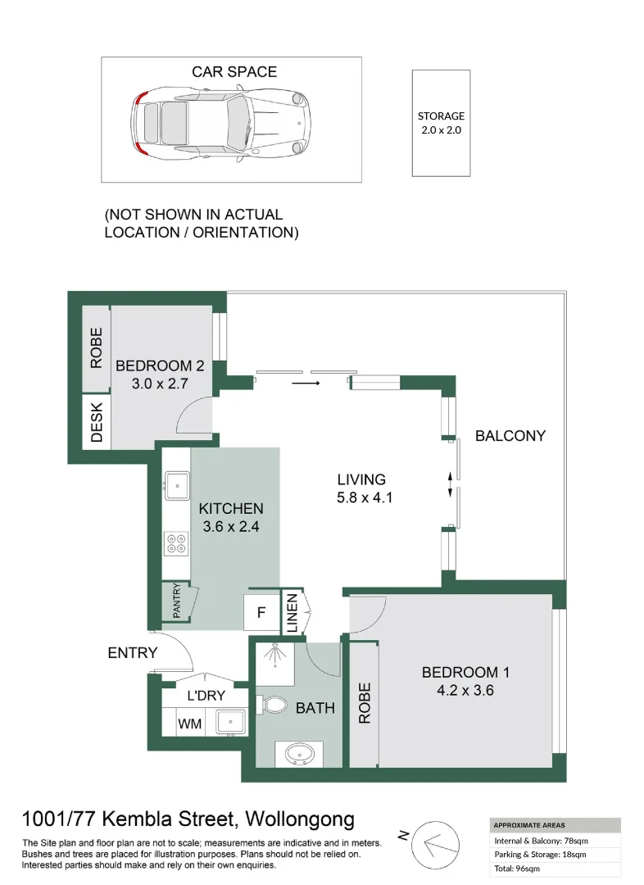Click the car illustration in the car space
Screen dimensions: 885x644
pos(222,123)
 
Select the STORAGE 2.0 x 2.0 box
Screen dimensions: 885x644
pos(441,122)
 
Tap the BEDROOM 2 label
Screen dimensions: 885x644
pos(160,366)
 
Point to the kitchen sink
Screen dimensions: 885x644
pos(177,484)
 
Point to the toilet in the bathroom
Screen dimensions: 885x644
pos(273,704)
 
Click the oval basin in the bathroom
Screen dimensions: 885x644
pos(297,752)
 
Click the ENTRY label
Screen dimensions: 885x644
pos(132,653)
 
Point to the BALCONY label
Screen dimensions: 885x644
pos(510,436)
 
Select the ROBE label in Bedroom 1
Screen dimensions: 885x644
pos(365,703)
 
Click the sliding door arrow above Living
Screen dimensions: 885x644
pos(306,382)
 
